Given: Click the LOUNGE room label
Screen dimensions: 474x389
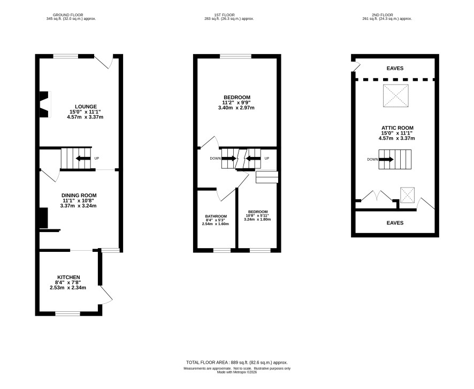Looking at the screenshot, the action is (x=86, y=107).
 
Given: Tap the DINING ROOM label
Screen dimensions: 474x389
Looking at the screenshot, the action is (x=79, y=196).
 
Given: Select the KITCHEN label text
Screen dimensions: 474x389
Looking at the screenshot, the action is (x=68, y=278).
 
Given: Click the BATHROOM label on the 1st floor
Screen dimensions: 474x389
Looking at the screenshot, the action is (x=216, y=216).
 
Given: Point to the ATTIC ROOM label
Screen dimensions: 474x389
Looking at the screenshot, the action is (x=397, y=128).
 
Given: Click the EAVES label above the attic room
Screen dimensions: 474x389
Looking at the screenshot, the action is (x=395, y=69).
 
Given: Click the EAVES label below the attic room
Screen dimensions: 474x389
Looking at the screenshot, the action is (x=395, y=223).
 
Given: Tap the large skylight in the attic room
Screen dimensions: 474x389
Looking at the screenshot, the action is (x=396, y=96).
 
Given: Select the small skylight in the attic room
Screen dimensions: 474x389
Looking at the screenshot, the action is (x=408, y=195).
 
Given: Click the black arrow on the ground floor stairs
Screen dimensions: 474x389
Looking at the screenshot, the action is (x=83, y=158).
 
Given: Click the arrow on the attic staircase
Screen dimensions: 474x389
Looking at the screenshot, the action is (x=386, y=159).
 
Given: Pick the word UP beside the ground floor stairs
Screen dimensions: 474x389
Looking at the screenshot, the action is (x=97, y=158).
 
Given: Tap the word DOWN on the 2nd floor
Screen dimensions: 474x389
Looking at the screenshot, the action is (x=372, y=159).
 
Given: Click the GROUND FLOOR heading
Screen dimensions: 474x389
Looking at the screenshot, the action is (x=68, y=15).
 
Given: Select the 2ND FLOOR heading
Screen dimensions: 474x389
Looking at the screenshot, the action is (x=383, y=15).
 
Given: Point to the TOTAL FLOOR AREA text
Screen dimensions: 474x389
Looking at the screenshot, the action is (x=208, y=362).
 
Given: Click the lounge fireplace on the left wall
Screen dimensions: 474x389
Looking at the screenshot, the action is (x=45, y=104).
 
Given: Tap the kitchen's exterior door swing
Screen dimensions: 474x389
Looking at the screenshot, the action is (x=106, y=295).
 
